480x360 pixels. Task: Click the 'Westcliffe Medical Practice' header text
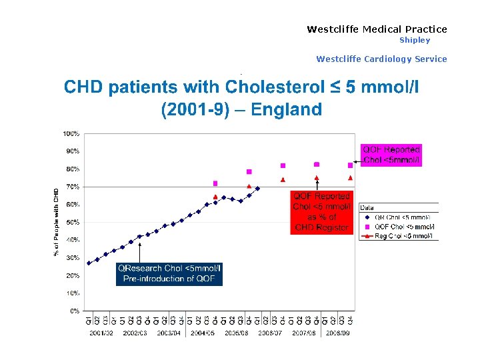pyautogui.click(x=377, y=29)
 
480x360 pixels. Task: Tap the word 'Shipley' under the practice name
pyautogui.click(x=415, y=40)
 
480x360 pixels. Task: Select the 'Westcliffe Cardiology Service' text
pyautogui.click(x=381, y=59)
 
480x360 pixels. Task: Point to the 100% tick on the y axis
pyautogui.click(x=71, y=134)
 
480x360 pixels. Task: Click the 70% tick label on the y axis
pyautogui.click(x=72, y=187)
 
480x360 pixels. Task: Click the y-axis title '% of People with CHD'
pyautogui.click(x=56, y=222)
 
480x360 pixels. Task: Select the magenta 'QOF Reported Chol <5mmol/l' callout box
pyautogui.click(x=391, y=155)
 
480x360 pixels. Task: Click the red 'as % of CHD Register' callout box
pyautogui.click(x=321, y=212)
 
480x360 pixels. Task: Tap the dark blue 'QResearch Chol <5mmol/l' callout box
pyautogui.click(x=169, y=273)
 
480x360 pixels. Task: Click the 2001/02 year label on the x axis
pyautogui.click(x=102, y=332)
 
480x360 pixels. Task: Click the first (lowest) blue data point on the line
pyautogui.click(x=89, y=263)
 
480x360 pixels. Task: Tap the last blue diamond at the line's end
pyautogui.click(x=257, y=189)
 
